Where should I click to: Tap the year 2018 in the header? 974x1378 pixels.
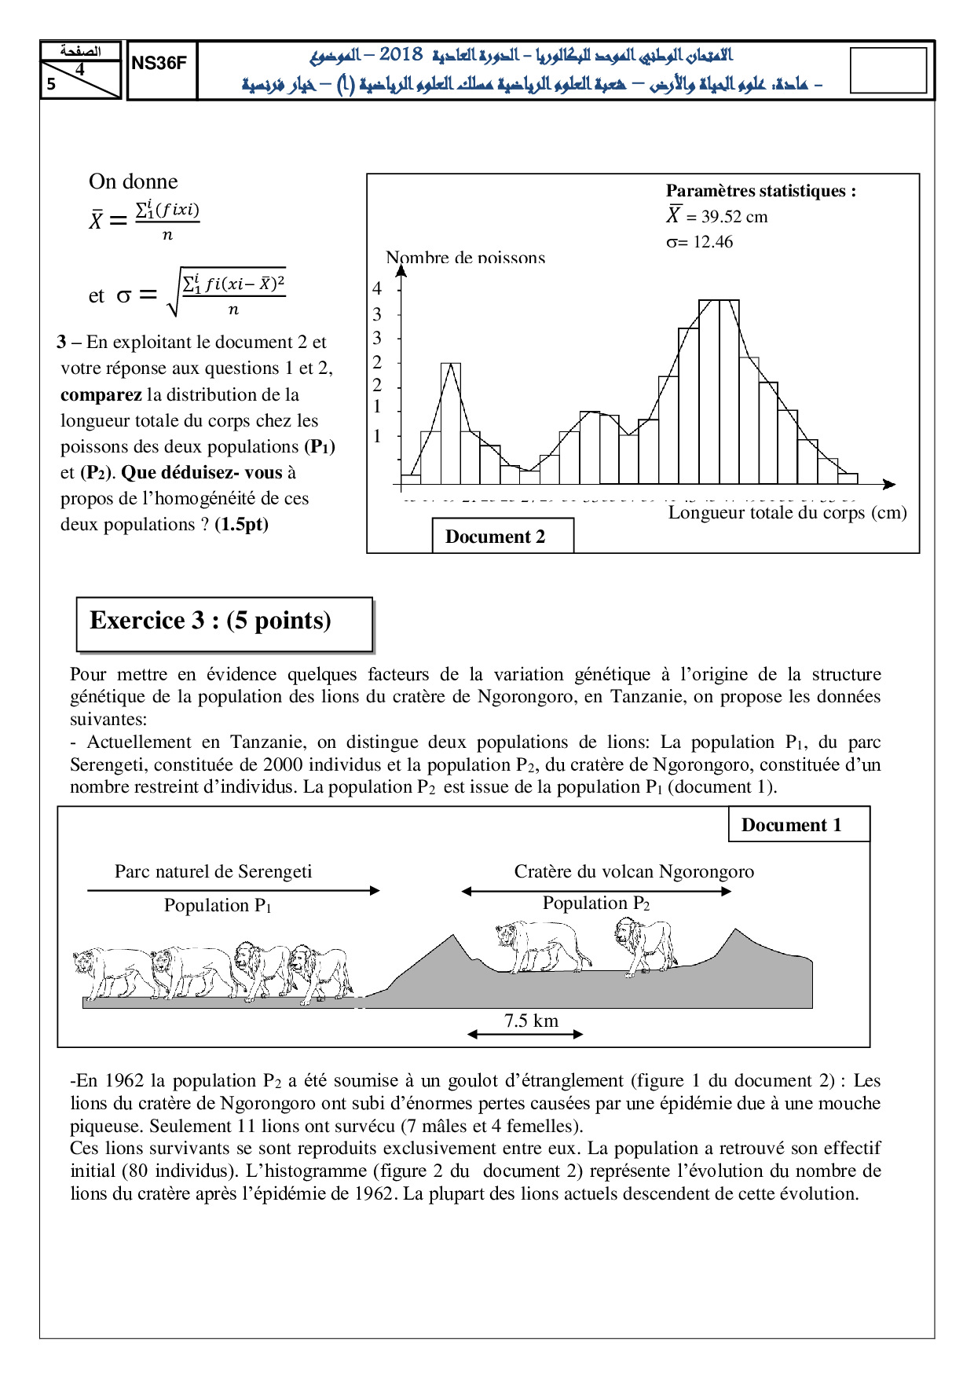point(401,55)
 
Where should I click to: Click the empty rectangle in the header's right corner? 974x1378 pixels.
point(888,71)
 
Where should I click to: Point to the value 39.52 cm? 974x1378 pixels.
point(734,217)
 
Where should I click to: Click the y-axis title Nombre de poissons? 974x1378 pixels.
point(465,257)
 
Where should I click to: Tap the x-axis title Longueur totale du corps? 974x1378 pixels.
point(787,513)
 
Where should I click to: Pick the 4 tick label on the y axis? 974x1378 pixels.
point(377,288)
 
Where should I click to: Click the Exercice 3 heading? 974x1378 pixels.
point(211,621)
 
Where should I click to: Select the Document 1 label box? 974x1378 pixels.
point(791,825)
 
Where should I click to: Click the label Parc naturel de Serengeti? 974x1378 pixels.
point(213,871)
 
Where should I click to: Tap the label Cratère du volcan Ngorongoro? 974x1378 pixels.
point(634,871)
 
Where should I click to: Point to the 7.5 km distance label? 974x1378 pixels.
point(531,1021)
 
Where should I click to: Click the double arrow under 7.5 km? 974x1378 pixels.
point(525,1035)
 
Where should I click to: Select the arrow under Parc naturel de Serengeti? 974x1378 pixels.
point(233,891)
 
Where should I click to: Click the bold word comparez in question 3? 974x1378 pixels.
point(101,394)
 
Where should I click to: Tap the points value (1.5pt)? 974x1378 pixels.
point(241,524)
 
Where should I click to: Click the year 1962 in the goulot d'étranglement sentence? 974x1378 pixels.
point(124,1081)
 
